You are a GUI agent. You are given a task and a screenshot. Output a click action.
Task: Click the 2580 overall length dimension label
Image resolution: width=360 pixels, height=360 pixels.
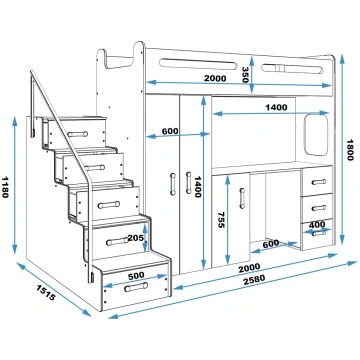click(x=254, y=279)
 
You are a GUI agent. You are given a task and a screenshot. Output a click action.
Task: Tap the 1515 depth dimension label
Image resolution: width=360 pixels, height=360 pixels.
click(x=45, y=292)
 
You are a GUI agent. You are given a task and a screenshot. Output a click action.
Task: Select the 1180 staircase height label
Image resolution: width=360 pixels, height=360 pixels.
click(x=5, y=187)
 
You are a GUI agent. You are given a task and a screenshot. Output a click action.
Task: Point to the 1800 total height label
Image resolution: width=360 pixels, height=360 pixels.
click(x=349, y=150)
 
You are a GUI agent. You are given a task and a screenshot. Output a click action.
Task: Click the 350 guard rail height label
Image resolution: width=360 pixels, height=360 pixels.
click(x=245, y=75)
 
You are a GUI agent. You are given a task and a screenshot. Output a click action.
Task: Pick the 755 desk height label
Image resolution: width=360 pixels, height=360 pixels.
click(x=221, y=220)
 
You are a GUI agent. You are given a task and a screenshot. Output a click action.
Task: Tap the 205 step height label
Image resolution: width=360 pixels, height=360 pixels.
click(x=135, y=238)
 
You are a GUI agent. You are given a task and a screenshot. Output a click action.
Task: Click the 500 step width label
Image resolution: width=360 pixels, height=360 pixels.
click(x=136, y=275)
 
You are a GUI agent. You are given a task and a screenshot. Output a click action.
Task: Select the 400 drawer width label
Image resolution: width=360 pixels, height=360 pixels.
click(x=317, y=225)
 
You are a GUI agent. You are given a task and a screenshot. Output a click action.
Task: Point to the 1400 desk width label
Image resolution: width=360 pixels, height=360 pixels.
click(x=276, y=107)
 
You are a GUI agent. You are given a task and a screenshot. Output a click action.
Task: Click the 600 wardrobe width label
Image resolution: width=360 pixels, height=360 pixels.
click(x=170, y=131)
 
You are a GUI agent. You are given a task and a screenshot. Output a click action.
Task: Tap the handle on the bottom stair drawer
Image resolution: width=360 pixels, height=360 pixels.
click(x=136, y=287)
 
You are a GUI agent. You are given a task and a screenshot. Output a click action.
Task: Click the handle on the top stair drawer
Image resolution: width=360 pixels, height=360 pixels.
click(x=78, y=134)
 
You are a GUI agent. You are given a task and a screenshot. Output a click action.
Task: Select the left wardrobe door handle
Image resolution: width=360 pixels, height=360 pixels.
click(x=173, y=184)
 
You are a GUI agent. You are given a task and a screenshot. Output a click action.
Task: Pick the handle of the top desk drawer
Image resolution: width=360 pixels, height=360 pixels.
click(x=319, y=182)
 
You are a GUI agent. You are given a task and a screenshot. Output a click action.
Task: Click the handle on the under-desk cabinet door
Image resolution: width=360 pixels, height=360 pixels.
click(x=242, y=198)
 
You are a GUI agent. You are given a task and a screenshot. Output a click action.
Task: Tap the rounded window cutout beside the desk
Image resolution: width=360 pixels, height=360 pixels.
click(x=316, y=135)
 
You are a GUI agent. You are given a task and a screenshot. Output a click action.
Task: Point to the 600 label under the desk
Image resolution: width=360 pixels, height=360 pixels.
click(x=271, y=244)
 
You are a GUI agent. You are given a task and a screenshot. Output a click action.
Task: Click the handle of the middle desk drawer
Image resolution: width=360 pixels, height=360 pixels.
click(x=319, y=208)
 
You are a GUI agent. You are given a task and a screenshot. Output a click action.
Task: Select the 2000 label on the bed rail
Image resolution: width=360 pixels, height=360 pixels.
click(x=215, y=79)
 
